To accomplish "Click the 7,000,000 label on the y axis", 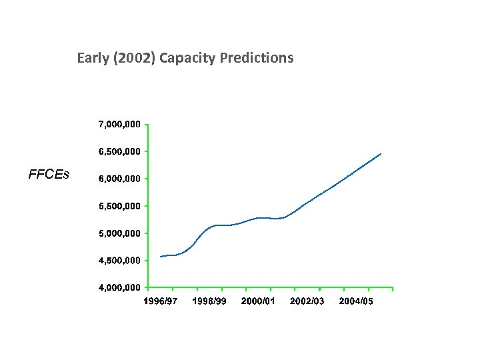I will (x=119, y=124).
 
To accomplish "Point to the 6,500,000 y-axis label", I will (x=119, y=151).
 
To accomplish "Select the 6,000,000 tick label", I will (x=119, y=179).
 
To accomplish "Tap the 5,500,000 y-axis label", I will (x=119, y=206).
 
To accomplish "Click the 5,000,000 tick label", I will (x=119, y=233).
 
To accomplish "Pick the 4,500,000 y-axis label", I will (x=119, y=261).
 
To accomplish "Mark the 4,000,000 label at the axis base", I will (x=119, y=288).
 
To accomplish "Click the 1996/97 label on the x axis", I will (x=161, y=301).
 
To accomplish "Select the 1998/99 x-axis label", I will (x=209, y=301).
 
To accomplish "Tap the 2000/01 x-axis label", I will (x=258, y=301).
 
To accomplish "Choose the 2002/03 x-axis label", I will (x=307, y=301).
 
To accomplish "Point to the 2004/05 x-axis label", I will (x=356, y=301).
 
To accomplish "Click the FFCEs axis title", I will (x=49, y=175).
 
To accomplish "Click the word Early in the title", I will (x=91, y=58).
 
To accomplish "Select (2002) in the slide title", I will (x=132, y=58).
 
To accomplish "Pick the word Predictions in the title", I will (x=255, y=58).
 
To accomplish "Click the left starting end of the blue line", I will (x=161, y=257).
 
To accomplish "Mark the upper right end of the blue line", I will (x=381, y=154).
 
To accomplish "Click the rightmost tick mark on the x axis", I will (x=393, y=289).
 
